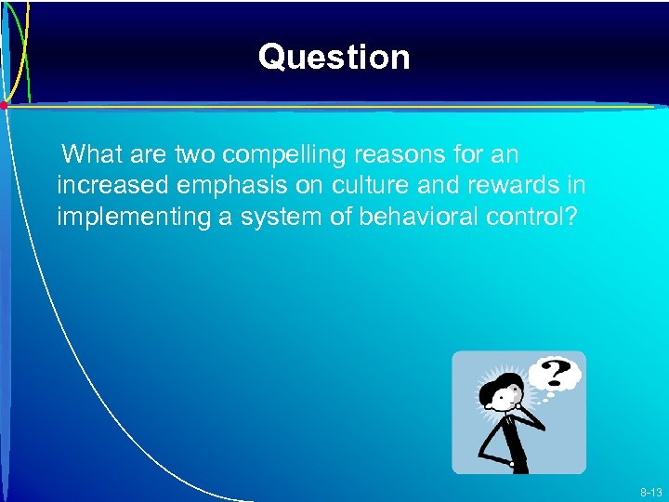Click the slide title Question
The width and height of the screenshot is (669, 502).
(334, 58)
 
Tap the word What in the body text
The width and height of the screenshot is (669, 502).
(95, 153)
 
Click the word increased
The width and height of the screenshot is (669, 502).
(111, 186)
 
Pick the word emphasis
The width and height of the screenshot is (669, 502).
(230, 186)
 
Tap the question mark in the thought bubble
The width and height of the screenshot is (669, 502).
(556, 374)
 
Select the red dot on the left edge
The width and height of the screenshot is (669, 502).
(4, 106)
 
